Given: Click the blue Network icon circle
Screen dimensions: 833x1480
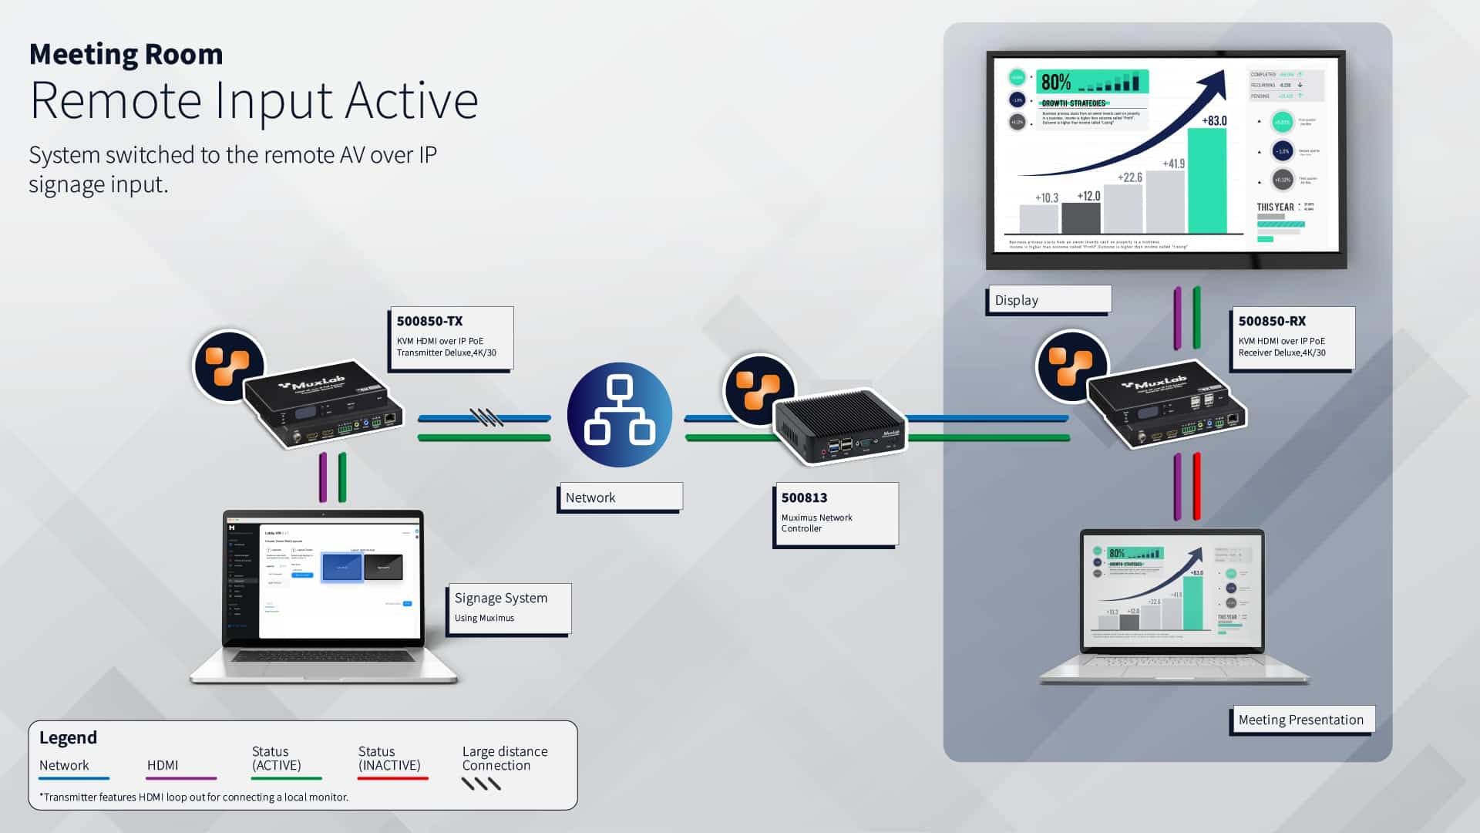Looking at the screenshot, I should click(620, 415).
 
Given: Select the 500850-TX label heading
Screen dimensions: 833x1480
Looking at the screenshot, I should click(429, 321).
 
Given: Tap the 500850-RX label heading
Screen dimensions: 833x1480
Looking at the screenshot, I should click(1272, 321).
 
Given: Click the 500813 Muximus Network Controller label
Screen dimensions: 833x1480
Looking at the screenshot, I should click(835, 513).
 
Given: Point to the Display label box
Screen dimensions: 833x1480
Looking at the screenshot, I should click(1048, 300).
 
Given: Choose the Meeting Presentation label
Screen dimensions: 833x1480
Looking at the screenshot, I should click(1300, 720).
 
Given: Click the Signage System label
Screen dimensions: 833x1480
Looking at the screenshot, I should click(508, 607).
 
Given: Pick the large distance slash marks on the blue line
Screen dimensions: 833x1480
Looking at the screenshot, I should click(486, 417).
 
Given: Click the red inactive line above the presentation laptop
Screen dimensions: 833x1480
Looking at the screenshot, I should click(1196, 486).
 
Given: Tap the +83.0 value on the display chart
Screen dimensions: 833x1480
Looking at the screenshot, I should click(1214, 120).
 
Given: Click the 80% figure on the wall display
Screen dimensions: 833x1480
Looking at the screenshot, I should click(1055, 82).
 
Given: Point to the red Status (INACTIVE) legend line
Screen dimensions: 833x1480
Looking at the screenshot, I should click(392, 778).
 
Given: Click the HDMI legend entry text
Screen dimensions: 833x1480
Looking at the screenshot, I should click(163, 765).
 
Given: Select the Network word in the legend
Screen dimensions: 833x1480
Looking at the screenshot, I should click(64, 765).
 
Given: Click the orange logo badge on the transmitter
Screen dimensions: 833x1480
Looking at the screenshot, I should click(228, 366).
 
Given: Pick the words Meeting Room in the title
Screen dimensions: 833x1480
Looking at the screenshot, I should click(126, 54).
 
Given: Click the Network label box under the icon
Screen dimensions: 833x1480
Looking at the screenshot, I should click(620, 497).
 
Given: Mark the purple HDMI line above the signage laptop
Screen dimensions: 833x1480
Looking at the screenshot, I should click(323, 477).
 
